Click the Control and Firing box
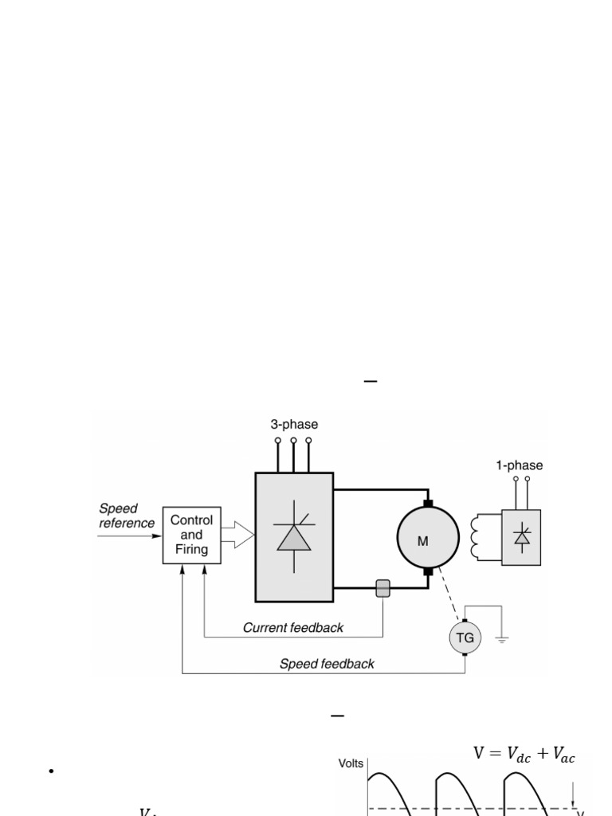click(x=191, y=535)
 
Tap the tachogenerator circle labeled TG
click(x=465, y=637)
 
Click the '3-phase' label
click(x=293, y=425)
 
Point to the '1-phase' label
click(x=520, y=465)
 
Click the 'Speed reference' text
click(x=127, y=516)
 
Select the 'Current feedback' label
click(x=292, y=628)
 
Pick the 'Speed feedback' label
click(x=327, y=664)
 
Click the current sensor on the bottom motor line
click(x=383, y=589)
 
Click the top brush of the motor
click(x=428, y=503)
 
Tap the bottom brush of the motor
click(x=428, y=571)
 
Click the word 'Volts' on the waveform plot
click(x=351, y=763)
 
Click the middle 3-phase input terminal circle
click(x=293, y=440)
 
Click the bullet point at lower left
click(x=50, y=771)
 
